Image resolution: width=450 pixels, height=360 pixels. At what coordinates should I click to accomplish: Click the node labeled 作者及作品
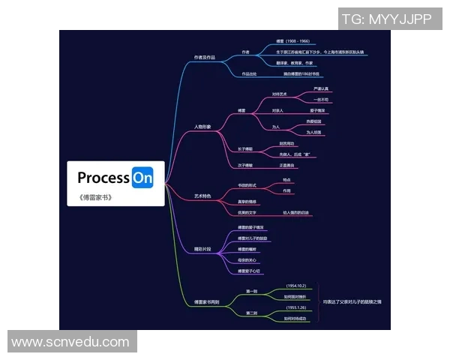(x=204, y=57)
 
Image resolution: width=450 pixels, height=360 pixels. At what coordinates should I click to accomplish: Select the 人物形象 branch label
(x=202, y=127)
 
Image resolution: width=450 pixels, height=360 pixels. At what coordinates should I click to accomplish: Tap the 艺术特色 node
(x=202, y=196)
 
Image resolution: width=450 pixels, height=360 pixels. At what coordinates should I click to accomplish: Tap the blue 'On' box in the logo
(x=142, y=178)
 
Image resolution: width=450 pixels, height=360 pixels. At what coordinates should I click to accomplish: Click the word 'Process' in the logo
(x=103, y=178)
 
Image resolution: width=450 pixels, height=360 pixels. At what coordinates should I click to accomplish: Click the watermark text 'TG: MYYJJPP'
(x=387, y=19)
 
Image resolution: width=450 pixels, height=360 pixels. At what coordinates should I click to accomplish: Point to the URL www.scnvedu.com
(x=70, y=342)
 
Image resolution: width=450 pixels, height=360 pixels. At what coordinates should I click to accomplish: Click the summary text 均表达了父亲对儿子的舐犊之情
(x=352, y=301)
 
